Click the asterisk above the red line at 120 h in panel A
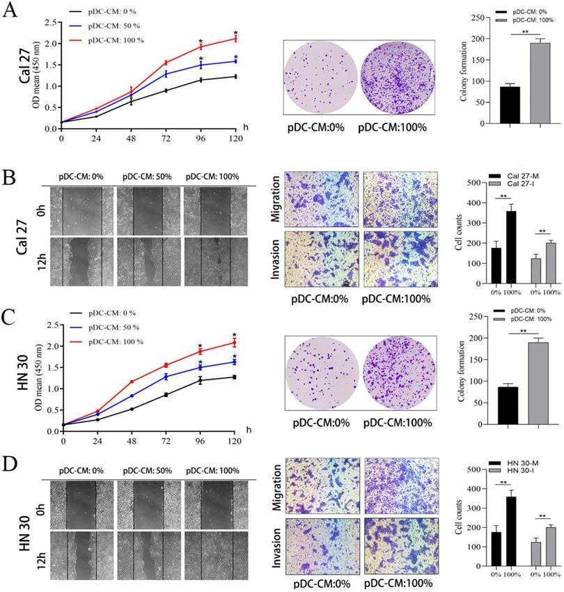235,33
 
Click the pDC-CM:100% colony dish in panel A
396,77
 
